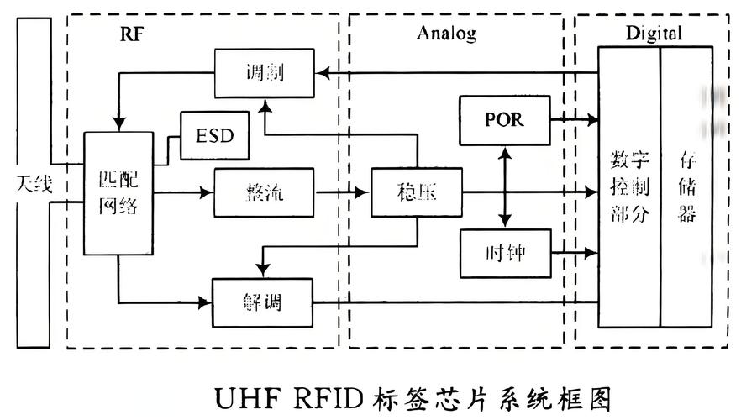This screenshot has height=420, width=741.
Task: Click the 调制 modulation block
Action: point(264,72)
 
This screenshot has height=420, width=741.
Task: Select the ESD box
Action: point(215,134)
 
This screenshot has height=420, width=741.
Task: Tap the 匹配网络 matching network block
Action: point(118,193)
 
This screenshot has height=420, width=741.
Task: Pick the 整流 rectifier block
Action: point(264,192)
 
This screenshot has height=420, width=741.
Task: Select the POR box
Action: point(504,119)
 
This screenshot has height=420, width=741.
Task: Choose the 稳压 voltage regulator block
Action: point(417,192)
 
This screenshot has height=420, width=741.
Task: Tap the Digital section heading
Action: point(654,34)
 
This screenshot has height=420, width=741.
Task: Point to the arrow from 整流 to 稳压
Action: point(342,192)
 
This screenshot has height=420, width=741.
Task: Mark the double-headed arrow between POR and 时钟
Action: point(504,186)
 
